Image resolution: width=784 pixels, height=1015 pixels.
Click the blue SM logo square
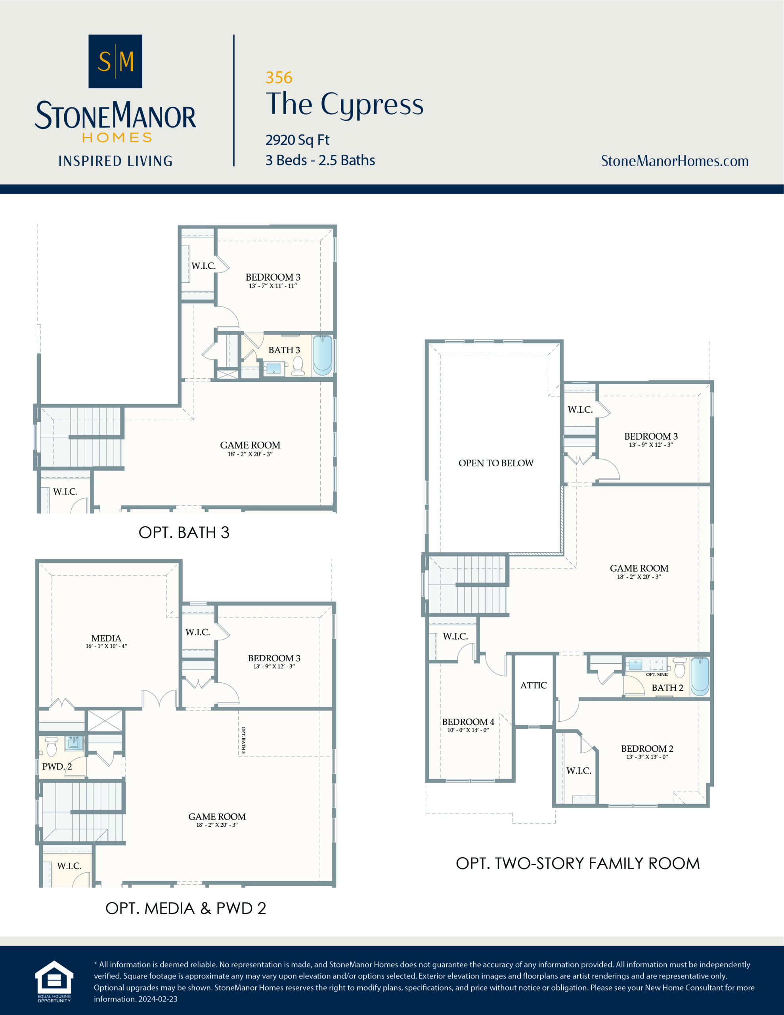click(115, 61)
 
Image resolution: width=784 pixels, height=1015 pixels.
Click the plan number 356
click(279, 78)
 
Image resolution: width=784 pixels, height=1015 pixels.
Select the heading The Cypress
click(344, 104)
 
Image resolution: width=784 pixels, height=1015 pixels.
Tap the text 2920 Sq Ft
click(297, 140)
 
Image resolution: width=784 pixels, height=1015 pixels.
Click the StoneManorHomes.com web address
click(674, 161)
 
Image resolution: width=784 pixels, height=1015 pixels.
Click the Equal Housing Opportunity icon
click(54, 979)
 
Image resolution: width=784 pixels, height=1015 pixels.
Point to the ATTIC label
click(533, 686)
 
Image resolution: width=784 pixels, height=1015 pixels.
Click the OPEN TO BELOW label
click(496, 463)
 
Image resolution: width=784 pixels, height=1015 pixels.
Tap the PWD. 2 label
click(57, 766)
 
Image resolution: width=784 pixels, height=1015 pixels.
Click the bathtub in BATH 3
click(322, 356)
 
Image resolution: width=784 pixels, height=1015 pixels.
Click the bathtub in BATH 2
click(700, 676)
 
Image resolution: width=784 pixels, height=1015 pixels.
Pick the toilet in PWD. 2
click(51, 747)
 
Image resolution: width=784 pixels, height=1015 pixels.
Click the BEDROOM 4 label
click(468, 722)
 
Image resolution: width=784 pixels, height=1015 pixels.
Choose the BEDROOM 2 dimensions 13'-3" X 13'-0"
click(647, 756)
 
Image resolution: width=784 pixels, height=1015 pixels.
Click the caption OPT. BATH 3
click(184, 532)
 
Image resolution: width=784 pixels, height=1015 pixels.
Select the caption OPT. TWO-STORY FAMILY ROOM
click(577, 863)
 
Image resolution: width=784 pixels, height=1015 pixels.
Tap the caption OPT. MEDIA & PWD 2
click(186, 908)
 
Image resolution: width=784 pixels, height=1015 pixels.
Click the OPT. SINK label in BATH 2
click(657, 674)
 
